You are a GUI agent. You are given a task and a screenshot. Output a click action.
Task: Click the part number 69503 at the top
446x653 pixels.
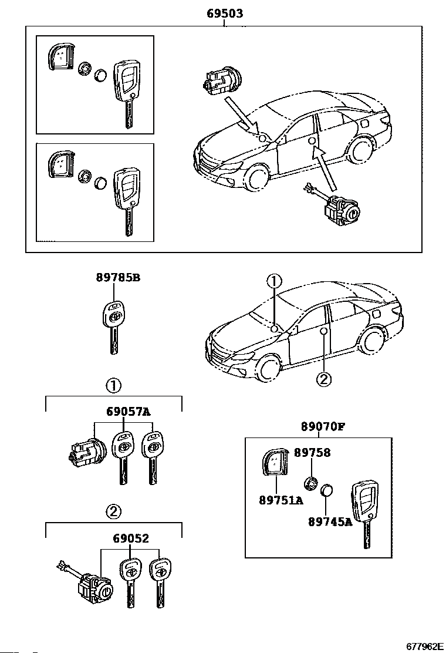click(x=225, y=14)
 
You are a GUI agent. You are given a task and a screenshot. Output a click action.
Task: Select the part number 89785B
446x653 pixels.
click(x=118, y=277)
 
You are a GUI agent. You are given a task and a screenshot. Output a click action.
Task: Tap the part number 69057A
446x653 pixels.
click(x=128, y=412)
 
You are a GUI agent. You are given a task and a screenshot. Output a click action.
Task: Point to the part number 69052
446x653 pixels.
click(x=131, y=538)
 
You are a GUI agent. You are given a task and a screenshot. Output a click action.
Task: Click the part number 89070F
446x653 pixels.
click(x=323, y=427)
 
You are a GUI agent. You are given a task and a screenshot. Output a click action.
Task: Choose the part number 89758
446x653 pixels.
click(x=312, y=453)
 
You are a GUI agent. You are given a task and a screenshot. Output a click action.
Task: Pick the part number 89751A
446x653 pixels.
click(x=281, y=500)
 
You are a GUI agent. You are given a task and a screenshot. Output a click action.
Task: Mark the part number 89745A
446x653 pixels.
click(x=330, y=522)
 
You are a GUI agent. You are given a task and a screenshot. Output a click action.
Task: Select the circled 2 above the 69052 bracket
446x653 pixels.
click(x=114, y=512)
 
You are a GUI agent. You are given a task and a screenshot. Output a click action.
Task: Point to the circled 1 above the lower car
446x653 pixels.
click(x=275, y=281)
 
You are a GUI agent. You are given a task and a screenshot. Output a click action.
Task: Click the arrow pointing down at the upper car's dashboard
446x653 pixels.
click(x=242, y=115)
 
